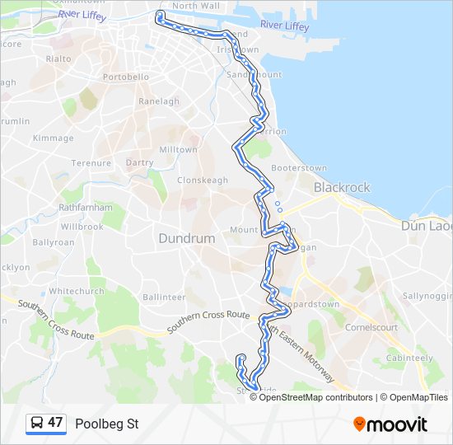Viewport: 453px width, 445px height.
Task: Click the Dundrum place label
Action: click(x=186, y=238)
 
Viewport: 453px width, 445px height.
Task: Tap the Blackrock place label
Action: click(x=342, y=187)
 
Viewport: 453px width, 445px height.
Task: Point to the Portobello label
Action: click(x=126, y=77)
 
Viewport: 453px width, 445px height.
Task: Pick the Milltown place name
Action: click(x=178, y=150)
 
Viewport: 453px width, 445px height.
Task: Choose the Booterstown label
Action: click(x=299, y=168)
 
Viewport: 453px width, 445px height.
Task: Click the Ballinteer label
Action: click(x=164, y=297)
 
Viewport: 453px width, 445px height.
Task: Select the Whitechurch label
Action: click(x=77, y=291)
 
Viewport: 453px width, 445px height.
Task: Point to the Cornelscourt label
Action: click(x=371, y=327)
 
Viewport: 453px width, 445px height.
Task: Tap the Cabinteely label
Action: click(x=409, y=358)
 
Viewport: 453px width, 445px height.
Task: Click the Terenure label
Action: click(x=91, y=163)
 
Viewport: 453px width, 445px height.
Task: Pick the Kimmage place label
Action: click(x=54, y=138)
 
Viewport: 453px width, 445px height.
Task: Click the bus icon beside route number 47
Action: click(x=37, y=424)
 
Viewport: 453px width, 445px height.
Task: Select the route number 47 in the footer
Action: click(x=55, y=424)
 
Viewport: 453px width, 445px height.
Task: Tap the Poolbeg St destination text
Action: click(x=107, y=424)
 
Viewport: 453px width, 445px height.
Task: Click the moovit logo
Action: click(x=390, y=424)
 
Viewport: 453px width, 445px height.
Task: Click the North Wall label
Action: click(x=196, y=6)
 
